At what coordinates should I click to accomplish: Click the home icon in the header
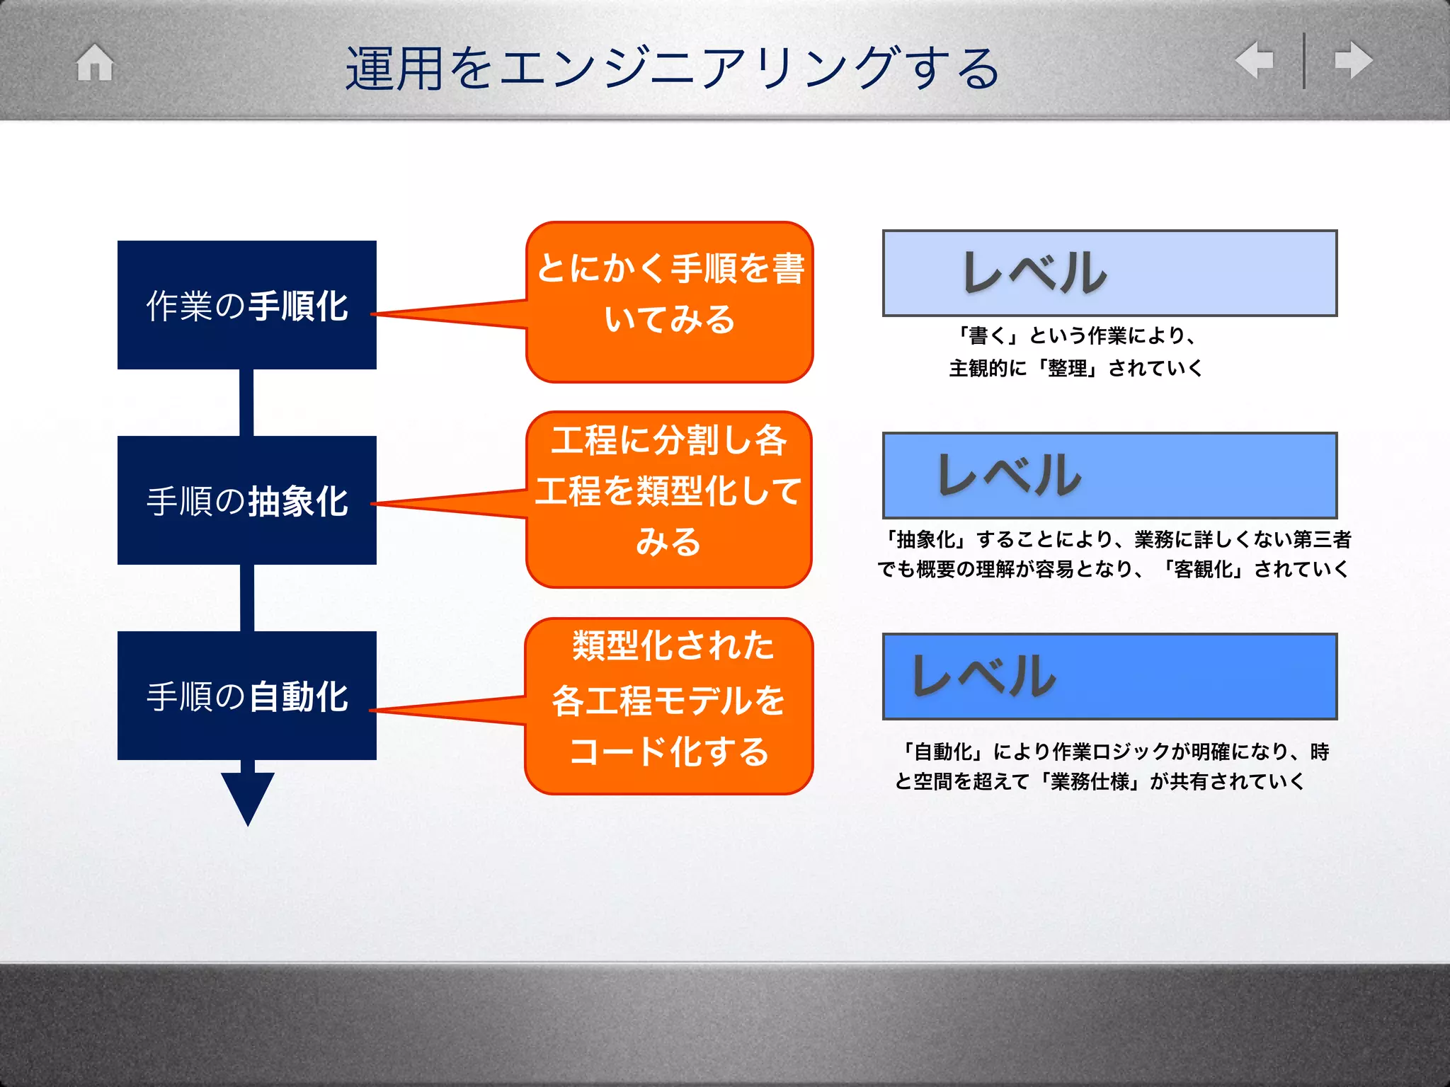point(95,63)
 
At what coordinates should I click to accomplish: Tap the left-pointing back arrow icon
point(1254,60)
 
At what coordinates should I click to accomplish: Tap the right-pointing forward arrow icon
point(1353,60)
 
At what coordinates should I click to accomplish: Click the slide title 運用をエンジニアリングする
point(673,69)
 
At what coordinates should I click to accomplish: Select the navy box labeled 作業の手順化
point(246,305)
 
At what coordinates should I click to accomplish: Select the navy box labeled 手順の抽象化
point(246,500)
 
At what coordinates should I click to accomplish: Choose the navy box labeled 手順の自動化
point(246,696)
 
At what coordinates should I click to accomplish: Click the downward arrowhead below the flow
point(247,796)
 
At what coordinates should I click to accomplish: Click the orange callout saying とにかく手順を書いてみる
point(670,302)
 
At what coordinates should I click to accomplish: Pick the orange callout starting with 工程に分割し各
point(669,499)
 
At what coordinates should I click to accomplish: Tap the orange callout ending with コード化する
point(669,706)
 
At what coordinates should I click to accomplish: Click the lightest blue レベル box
point(1109,273)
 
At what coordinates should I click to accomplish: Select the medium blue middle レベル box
point(1109,476)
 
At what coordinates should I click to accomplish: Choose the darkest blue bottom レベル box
point(1109,677)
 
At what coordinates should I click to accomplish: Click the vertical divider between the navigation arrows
point(1303,61)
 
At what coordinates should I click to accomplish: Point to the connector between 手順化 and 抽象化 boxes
point(246,403)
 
